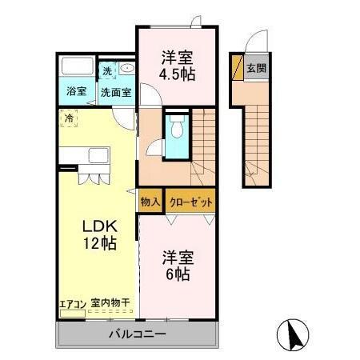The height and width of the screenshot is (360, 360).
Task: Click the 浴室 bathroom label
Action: pyautogui.click(x=76, y=91)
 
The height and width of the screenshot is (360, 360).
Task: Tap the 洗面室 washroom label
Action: pyautogui.click(x=116, y=91)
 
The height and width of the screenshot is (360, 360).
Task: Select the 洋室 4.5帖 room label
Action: pyautogui.click(x=177, y=65)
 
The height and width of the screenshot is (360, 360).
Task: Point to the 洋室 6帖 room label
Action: pyautogui.click(x=178, y=266)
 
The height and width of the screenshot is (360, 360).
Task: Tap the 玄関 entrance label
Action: pyautogui.click(x=256, y=69)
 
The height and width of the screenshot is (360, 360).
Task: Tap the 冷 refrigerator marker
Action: pyautogui.click(x=70, y=119)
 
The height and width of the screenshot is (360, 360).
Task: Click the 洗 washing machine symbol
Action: pyautogui.click(x=107, y=70)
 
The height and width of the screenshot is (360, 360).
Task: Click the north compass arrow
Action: pyautogui.click(x=294, y=334)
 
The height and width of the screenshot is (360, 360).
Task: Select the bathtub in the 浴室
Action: pyautogui.click(x=77, y=67)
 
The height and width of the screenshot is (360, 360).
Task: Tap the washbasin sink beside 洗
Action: pyautogui.click(x=126, y=70)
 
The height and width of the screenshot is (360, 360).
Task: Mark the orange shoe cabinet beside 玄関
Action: pyautogui.click(x=236, y=69)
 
